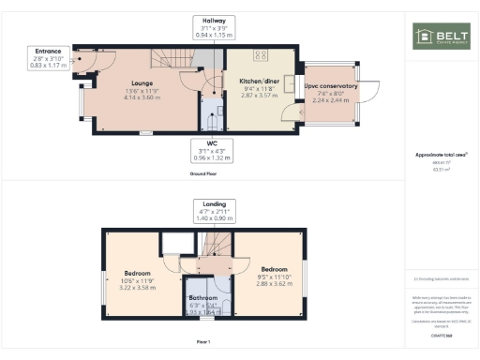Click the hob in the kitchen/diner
pos(259,55)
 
